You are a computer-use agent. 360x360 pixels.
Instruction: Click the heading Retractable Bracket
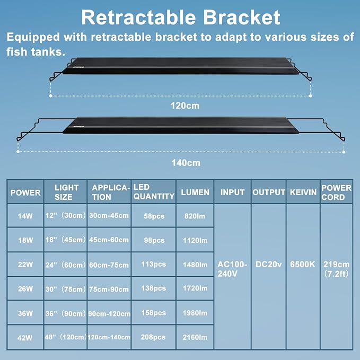click(180, 17)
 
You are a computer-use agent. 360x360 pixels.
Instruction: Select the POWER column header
click(25, 192)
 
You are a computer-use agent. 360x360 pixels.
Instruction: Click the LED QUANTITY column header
click(153, 191)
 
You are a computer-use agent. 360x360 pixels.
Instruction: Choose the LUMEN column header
click(196, 192)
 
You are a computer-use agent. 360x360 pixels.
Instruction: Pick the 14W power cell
click(25, 216)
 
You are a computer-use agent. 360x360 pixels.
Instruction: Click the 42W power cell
click(25, 337)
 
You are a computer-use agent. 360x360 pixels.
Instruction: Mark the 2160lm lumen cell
click(196, 337)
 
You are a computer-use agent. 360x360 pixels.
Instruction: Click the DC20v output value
click(268, 264)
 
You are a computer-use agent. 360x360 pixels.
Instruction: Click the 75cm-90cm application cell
click(109, 288)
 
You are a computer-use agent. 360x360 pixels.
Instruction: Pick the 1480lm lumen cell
click(196, 264)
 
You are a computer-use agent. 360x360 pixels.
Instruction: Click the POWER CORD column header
click(337, 192)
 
